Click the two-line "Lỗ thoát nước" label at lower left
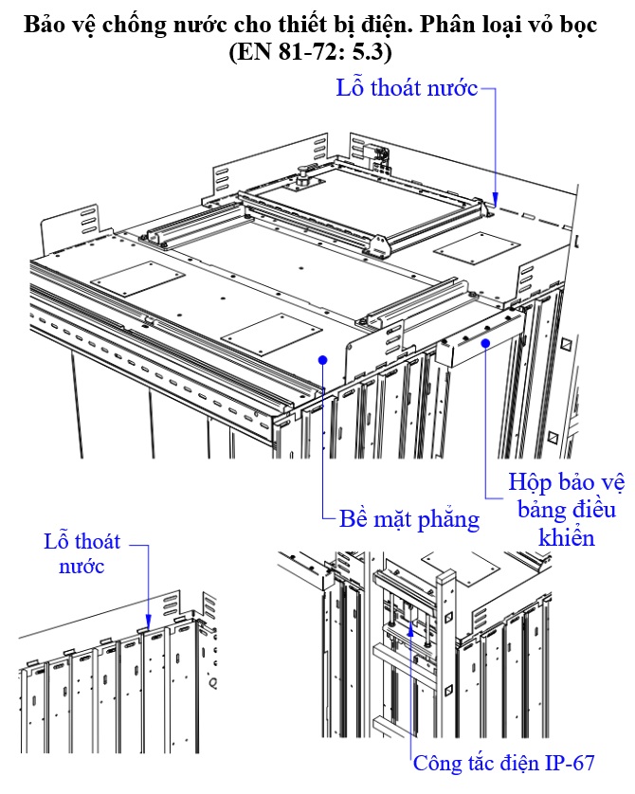tap(82, 554)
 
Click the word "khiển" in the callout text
tap(566, 538)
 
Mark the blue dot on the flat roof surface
tap(323, 359)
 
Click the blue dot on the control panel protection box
tap(485, 343)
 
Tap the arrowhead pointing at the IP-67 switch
tap(410, 626)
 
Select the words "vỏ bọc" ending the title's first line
tap(566, 26)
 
